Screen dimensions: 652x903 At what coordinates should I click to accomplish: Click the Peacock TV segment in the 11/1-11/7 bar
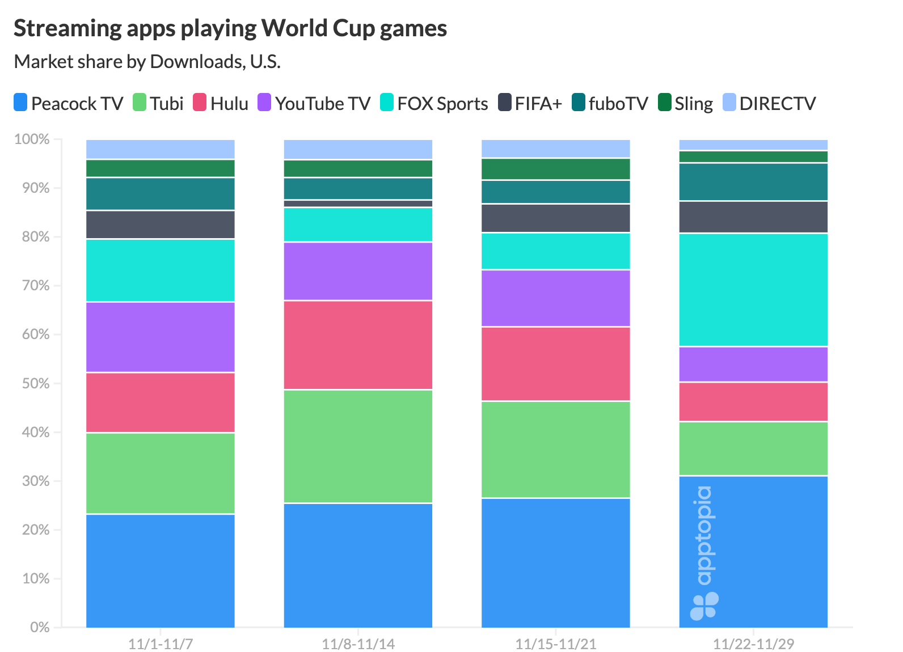click(x=161, y=570)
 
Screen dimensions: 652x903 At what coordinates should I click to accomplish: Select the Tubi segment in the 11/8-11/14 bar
click(x=358, y=446)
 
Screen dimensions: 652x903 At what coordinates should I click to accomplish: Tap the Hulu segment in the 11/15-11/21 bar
click(x=555, y=364)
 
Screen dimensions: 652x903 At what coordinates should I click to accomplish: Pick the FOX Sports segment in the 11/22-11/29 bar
click(x=753, y=290)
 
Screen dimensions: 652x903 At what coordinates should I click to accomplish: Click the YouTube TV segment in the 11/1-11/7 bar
click(x=161, y=337)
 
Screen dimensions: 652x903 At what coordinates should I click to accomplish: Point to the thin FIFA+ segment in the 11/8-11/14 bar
click(x=358, y=204)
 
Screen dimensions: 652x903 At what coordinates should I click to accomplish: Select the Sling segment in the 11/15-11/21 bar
click(x=555, y=169)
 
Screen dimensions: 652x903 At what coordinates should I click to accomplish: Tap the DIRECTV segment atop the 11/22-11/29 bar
click(x=753, y=145)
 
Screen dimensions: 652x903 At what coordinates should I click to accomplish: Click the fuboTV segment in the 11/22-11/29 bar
click(x=753, y=181)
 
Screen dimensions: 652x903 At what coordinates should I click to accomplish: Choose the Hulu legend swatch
click(x=200, y=103)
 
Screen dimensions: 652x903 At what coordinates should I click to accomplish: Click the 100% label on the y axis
click(x=32, y=139)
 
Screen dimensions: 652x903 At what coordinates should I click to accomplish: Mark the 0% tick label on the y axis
click(x=39, y=628)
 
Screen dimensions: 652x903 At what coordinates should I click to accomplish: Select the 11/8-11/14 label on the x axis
click(x=358, y=644)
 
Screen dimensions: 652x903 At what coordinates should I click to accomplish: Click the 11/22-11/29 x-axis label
click(x=753, y=644)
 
